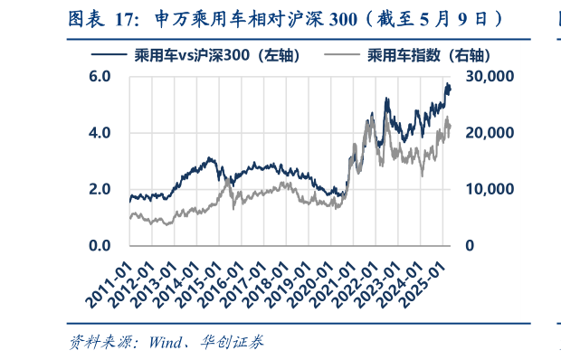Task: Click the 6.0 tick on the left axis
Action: [100, 77]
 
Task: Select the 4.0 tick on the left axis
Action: [100, 133]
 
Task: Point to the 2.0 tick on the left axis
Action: [100, 189]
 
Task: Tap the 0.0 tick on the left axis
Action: [100, 245]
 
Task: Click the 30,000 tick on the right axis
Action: [490, 77]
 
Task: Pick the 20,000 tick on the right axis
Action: [490, 133]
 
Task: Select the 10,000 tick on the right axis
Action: [490, 189]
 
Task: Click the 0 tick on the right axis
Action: [470, 245]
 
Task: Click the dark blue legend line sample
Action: [107, 55]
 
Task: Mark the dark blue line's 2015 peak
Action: [210, 157]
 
